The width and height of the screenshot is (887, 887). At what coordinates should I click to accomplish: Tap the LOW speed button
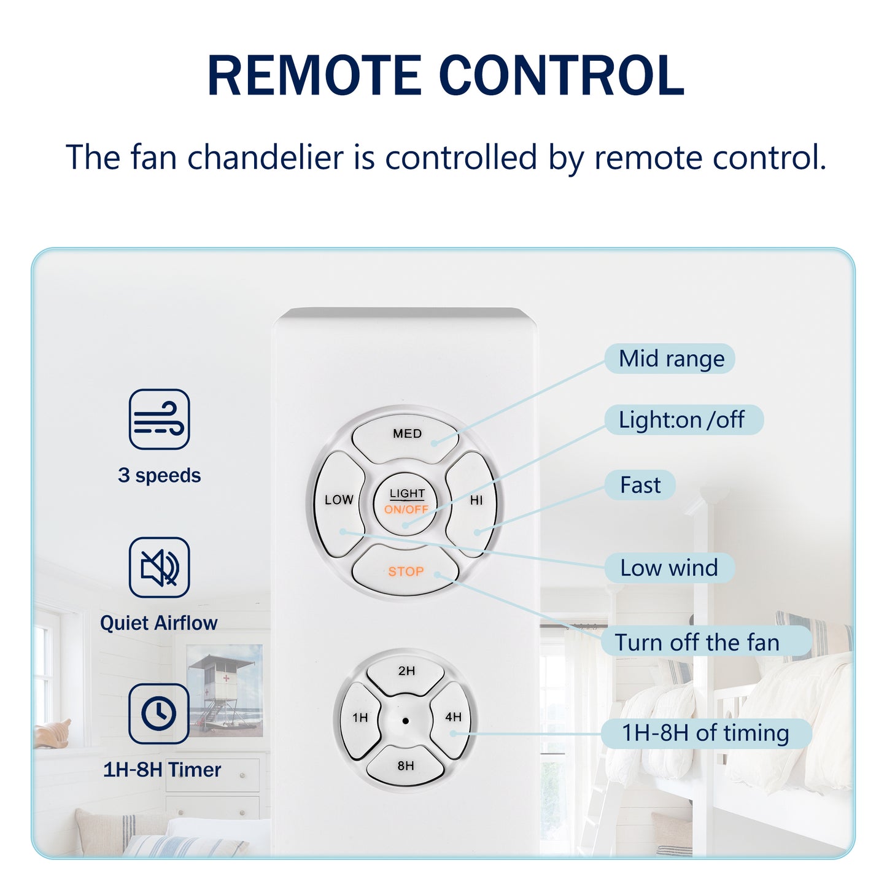(x=339, y=503)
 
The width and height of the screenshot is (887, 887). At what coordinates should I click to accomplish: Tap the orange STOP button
(x=406, y=571)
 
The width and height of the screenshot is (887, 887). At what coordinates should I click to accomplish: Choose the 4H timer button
(x=453, y=717)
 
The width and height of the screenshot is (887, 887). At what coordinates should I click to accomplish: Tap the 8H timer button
(x=406, y=765)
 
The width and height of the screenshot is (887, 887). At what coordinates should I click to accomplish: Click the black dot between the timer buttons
(x=406, y=721)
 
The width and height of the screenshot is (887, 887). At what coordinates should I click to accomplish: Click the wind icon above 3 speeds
(x=159, y=419)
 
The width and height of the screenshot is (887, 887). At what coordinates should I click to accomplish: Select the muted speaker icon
(x=159, y=567)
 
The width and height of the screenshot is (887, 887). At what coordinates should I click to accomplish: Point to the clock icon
(x=159, y=713)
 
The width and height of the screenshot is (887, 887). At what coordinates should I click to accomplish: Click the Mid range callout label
(x=670, y=358)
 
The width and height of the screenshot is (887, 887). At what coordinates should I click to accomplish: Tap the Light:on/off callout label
(x=683, y=420)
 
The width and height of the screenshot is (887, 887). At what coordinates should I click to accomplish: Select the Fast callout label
(x=640, y=485)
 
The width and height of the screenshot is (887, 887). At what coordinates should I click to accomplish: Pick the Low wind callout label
(x=669, y=568)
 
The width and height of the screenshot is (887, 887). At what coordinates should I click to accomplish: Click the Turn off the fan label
(x=697, y=642)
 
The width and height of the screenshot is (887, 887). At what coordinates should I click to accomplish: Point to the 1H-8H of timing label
(x=705, y=733)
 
